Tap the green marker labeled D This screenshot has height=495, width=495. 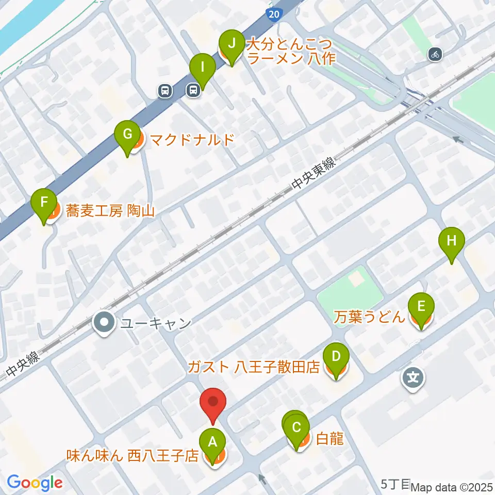[336, 356]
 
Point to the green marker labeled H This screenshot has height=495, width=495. [452, 241]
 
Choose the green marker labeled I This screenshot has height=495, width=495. [202, 67]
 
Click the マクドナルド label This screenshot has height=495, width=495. [192, 139]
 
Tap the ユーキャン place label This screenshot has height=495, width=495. [155, 323]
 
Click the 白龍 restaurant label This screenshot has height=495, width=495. [328, 439]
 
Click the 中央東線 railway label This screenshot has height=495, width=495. [313, 175]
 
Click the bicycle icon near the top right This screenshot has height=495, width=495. [435, 53]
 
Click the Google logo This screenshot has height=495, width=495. [35, 483]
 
